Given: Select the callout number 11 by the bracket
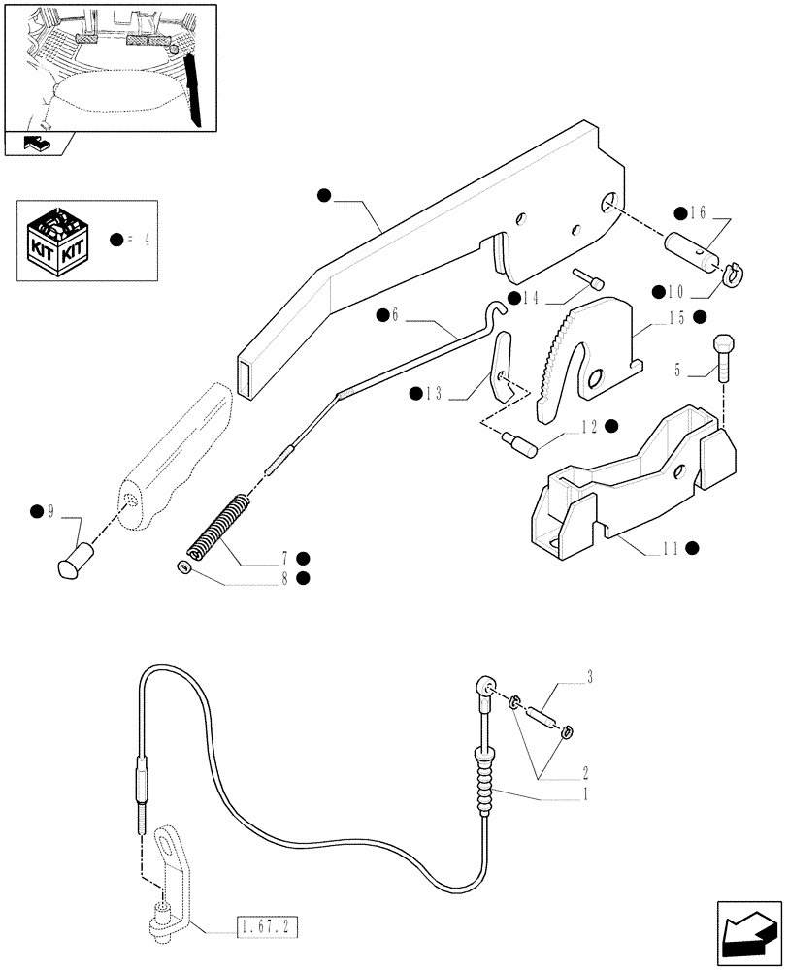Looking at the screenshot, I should coord(670,549).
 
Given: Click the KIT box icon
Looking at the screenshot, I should coord(57,239).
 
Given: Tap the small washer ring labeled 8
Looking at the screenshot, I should coord(181,566).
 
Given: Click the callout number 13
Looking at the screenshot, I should coord(432,393).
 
